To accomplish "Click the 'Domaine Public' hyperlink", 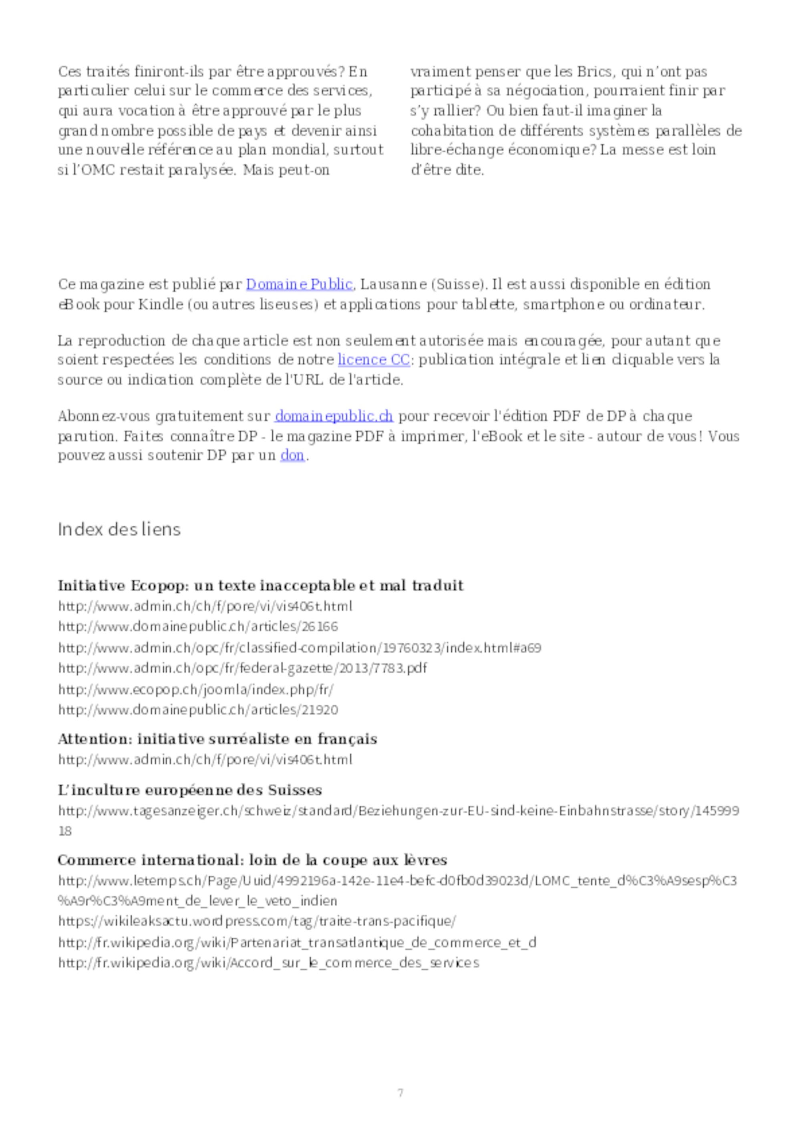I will pos(299,284).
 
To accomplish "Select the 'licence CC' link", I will pos(373,360).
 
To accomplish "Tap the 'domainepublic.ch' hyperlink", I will pos(334,416).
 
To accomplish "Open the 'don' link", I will pos(292,455).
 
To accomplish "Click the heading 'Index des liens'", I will pos(119,529).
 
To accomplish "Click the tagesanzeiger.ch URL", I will pos(398,811).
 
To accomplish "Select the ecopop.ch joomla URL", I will pos(196,689).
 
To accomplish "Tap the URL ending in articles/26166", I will pos(198,627).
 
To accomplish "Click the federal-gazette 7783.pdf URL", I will pos(242,668).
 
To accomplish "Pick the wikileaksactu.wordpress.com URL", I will pos(257,921).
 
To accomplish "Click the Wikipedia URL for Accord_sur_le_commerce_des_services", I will pos(268,963).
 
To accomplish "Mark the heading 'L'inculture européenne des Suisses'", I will pos(189,790).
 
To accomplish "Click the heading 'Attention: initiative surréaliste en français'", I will pos(217,739).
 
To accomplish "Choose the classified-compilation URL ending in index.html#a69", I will pos(300,647).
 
